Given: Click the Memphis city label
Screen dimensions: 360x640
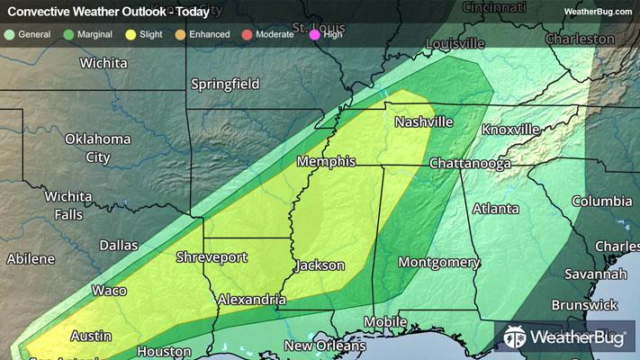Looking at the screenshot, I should pos(327,162).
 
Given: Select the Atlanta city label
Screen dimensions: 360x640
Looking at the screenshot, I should pos(495,209).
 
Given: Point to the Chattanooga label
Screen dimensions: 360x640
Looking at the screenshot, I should pos(470,164).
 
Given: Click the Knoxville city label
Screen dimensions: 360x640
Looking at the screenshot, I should pos(510,130).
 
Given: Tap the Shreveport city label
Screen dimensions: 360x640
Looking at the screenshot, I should pos(211,257).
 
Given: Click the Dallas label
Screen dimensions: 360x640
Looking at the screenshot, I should pos(119,245).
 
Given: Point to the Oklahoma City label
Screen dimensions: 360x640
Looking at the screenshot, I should pos(97,148).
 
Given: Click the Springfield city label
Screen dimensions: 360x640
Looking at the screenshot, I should pos(225,85).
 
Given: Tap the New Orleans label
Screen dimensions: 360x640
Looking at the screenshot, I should pos(325,346).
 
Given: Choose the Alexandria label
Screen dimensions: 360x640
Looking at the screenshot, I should pos(251,298).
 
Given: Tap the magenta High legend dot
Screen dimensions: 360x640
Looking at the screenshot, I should pos(313,34).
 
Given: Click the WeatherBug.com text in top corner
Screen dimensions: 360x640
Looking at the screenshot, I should pos(599,11).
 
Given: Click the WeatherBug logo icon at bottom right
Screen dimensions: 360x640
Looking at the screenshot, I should pos(516,338).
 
